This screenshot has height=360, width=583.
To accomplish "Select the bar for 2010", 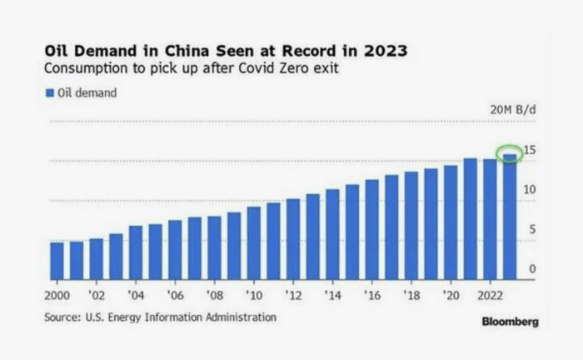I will click(x=253, y=242).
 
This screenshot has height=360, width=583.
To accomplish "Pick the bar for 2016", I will click(x=371, y=229).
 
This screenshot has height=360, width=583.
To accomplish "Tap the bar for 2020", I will click(x=451, y=222).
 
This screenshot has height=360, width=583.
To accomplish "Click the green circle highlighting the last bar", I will click(x=509, y=153).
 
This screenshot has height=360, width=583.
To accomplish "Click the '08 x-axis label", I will click(x=214, y=296).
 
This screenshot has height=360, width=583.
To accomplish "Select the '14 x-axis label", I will click(x=332, y=296).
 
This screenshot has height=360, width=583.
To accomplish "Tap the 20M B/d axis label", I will click(x=512, y=110).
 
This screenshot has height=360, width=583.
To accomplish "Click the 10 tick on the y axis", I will click(x=529, y=190).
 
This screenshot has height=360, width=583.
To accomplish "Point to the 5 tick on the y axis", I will click(x=531, y=230).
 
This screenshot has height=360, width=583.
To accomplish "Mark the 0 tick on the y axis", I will click(x=531, y=269).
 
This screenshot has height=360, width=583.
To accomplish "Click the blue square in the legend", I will click(x=49, y=93).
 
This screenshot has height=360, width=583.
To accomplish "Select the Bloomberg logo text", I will click(x=510, y=322).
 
